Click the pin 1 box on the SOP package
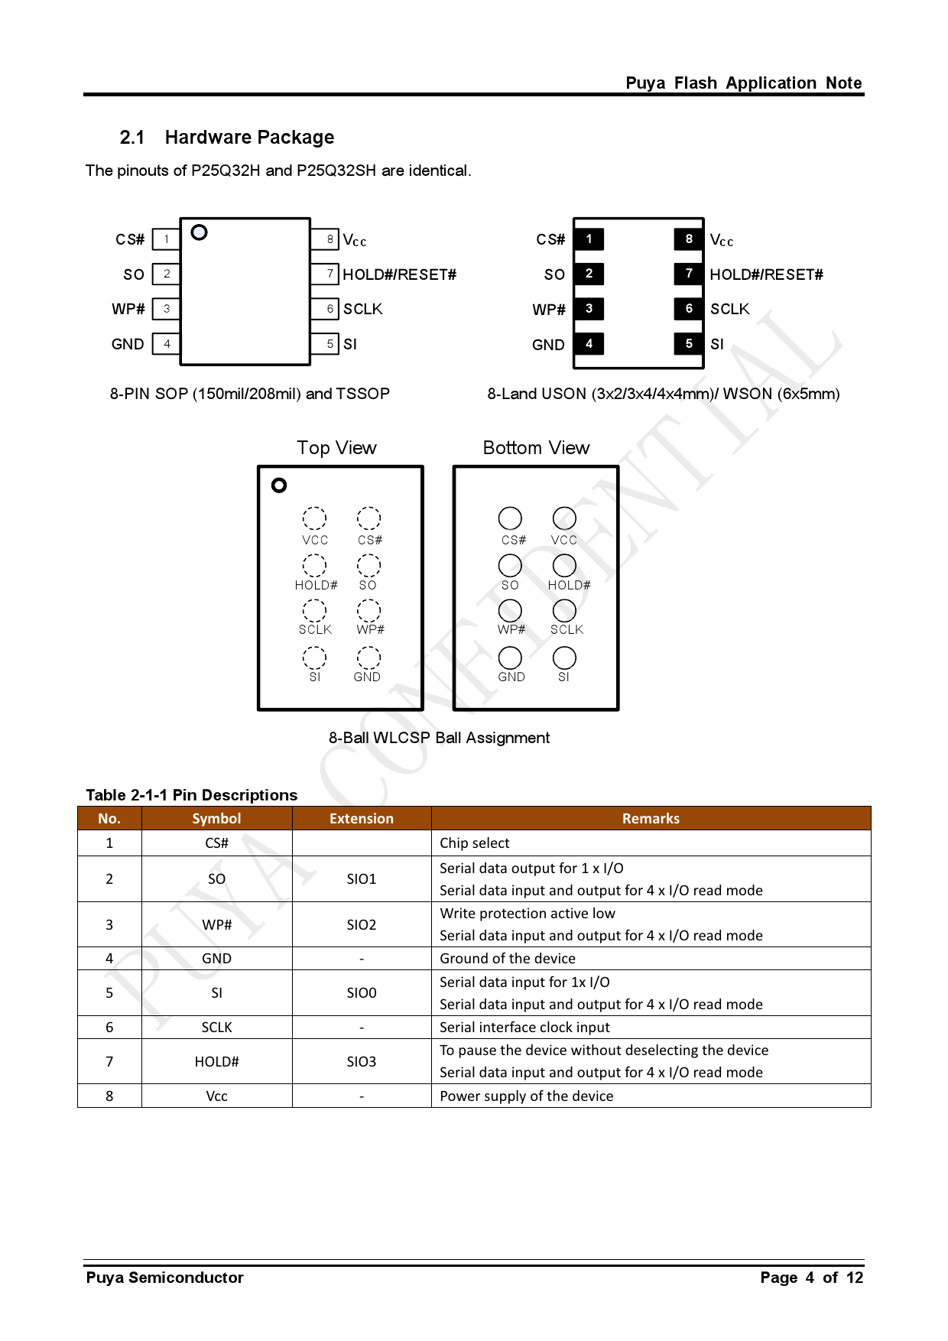166,239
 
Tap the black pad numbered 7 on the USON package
688,274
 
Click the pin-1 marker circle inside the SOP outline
199,232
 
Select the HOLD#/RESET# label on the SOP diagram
399,274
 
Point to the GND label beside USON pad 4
548,345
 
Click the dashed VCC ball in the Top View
314,518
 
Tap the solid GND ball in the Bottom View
510,658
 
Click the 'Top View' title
336,448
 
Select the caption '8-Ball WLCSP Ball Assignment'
439,738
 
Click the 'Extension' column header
361,819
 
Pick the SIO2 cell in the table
361,925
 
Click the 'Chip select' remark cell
475,843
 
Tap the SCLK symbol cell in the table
216,1028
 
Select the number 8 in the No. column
109,1096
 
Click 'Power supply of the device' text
526,1096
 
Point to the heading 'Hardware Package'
249,138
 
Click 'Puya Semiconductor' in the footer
164,1278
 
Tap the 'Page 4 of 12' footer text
811,1278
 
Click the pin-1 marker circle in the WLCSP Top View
279,485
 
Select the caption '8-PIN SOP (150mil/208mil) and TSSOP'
249,394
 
